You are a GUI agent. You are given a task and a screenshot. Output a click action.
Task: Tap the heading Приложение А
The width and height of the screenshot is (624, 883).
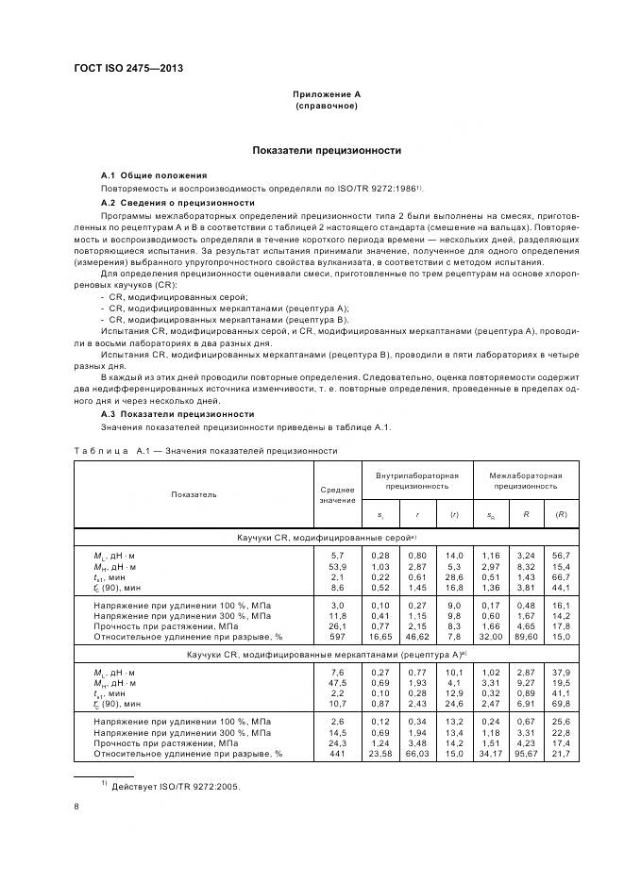point(327,94)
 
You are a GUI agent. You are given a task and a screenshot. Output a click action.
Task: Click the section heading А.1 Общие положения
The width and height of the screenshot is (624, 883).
point(154,176)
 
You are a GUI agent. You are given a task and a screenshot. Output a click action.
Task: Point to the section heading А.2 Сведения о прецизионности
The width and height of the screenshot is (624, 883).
point(177,203)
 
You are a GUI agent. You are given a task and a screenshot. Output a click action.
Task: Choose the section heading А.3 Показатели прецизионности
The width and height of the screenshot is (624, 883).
point(177,413)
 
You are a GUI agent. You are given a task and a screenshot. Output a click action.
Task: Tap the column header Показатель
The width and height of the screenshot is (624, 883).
point(194,493)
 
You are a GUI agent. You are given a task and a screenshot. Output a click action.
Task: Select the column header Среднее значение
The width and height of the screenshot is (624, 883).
point(337,494)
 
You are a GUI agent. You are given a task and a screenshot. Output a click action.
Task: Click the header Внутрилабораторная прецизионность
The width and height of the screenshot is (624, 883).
point(416,481)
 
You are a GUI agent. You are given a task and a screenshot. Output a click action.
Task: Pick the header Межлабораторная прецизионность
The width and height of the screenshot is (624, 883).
point(525,481)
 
